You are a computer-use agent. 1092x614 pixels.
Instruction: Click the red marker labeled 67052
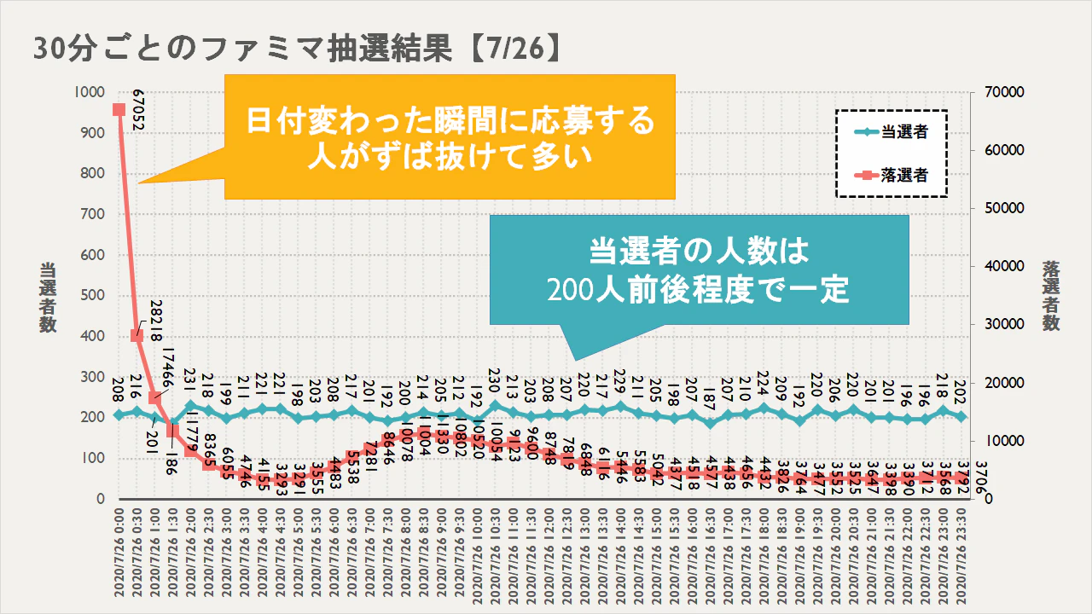click(x=119, y=109)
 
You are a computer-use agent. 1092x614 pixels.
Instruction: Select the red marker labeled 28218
click(x=136, y=335)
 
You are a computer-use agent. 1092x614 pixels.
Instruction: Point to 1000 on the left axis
click(x=87, y=92)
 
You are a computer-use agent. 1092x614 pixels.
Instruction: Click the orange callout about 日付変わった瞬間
click(x=450, y=136)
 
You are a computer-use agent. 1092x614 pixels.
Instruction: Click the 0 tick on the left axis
click(x=99, y=498)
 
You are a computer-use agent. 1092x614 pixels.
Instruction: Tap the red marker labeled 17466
click(x=154, y=397)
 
